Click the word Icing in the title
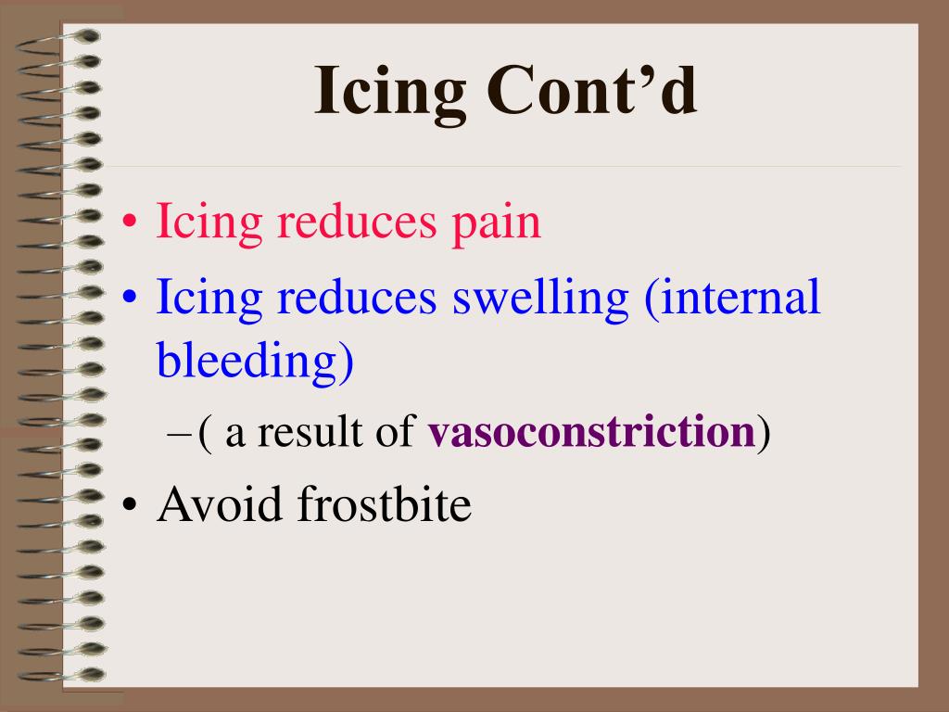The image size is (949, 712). point(389,93)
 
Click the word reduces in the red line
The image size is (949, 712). point(348,222)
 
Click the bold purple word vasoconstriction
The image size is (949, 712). point(590,433)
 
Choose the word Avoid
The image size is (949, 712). point(220,505)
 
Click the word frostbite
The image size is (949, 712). point(386,505)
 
